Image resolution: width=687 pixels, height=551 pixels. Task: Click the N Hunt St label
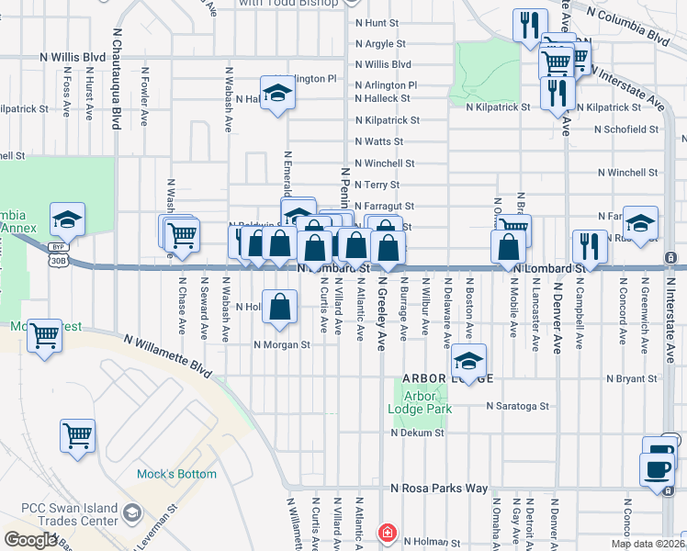[x=380, y=21]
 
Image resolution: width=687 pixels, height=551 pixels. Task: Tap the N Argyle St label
[x=380, y=43]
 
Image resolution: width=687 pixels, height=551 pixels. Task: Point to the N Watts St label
[x=379, y=141]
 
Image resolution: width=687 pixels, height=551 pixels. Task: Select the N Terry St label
[x=379, y=185]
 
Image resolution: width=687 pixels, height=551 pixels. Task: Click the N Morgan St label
[x=283, y=345]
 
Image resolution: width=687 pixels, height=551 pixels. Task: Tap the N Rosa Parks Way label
[x=439, y=489]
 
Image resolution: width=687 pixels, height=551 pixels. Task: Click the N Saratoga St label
[x=518, y=405]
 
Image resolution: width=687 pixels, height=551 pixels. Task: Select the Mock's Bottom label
[x=176, y=474]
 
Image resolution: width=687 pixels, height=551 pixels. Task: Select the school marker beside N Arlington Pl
[x=276, y=93]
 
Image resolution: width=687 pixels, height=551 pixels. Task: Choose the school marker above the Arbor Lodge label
[x=468, y=360]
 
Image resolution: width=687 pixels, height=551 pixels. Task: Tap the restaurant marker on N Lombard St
[x=589, y=246]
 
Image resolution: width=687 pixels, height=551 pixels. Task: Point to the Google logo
[x=31, y=540]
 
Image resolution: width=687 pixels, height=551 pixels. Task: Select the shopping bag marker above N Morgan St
[x=280, y=307]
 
